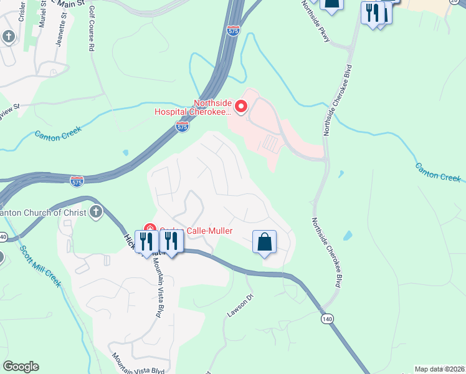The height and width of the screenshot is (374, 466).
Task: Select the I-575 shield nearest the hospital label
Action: coord(182,127)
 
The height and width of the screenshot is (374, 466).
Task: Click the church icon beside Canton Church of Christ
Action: coord(97,212)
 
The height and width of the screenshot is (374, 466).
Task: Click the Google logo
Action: coord(21,367)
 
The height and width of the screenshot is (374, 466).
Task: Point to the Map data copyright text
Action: coord(440,369)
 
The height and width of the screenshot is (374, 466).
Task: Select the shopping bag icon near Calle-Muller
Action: coord(264,242)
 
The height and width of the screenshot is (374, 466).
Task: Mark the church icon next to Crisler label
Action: coord(9,37)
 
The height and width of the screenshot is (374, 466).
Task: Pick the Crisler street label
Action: coord(22,12)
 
